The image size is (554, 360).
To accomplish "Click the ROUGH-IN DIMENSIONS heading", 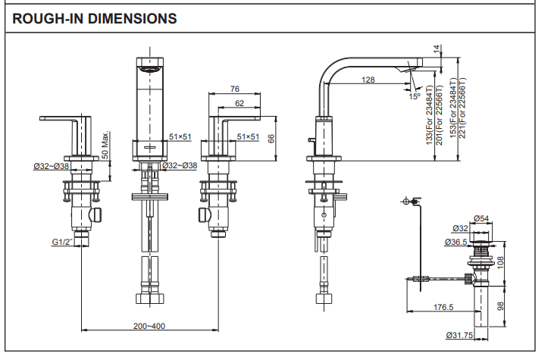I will (95, 17).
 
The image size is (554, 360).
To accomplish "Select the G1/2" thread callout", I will (63, 243).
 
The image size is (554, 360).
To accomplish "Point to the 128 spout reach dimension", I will (368, 80).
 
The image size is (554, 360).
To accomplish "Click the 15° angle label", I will (415, 96).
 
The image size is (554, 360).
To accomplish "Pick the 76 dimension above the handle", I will (234, 89).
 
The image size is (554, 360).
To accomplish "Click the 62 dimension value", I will (239, 102).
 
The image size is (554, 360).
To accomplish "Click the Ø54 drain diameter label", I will (480, 219).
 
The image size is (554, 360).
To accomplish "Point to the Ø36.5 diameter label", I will (455, 243).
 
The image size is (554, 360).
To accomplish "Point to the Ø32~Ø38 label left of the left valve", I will (52, 166).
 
